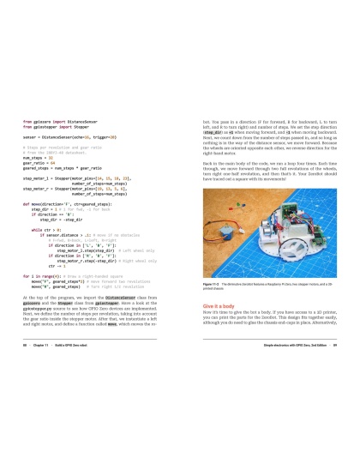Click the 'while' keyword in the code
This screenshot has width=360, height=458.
[x=37, y=230]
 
